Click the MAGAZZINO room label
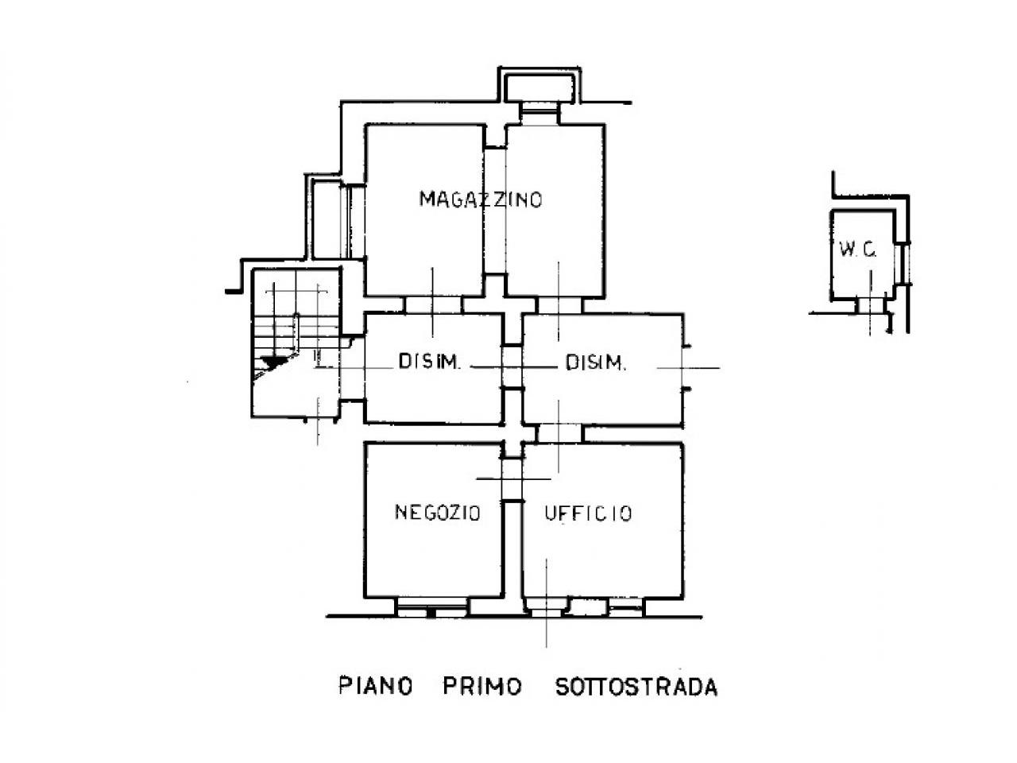(481, 199)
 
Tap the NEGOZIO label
(438, 513)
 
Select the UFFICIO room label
(589, 513)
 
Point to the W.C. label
(857, 250)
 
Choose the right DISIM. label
(596, 364)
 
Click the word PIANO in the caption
(376, 686)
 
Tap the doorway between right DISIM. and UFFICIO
(560, 433)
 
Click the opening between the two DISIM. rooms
(512, 366)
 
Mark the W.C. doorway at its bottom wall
(870, 304)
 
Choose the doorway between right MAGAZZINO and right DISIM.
(560, 304)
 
